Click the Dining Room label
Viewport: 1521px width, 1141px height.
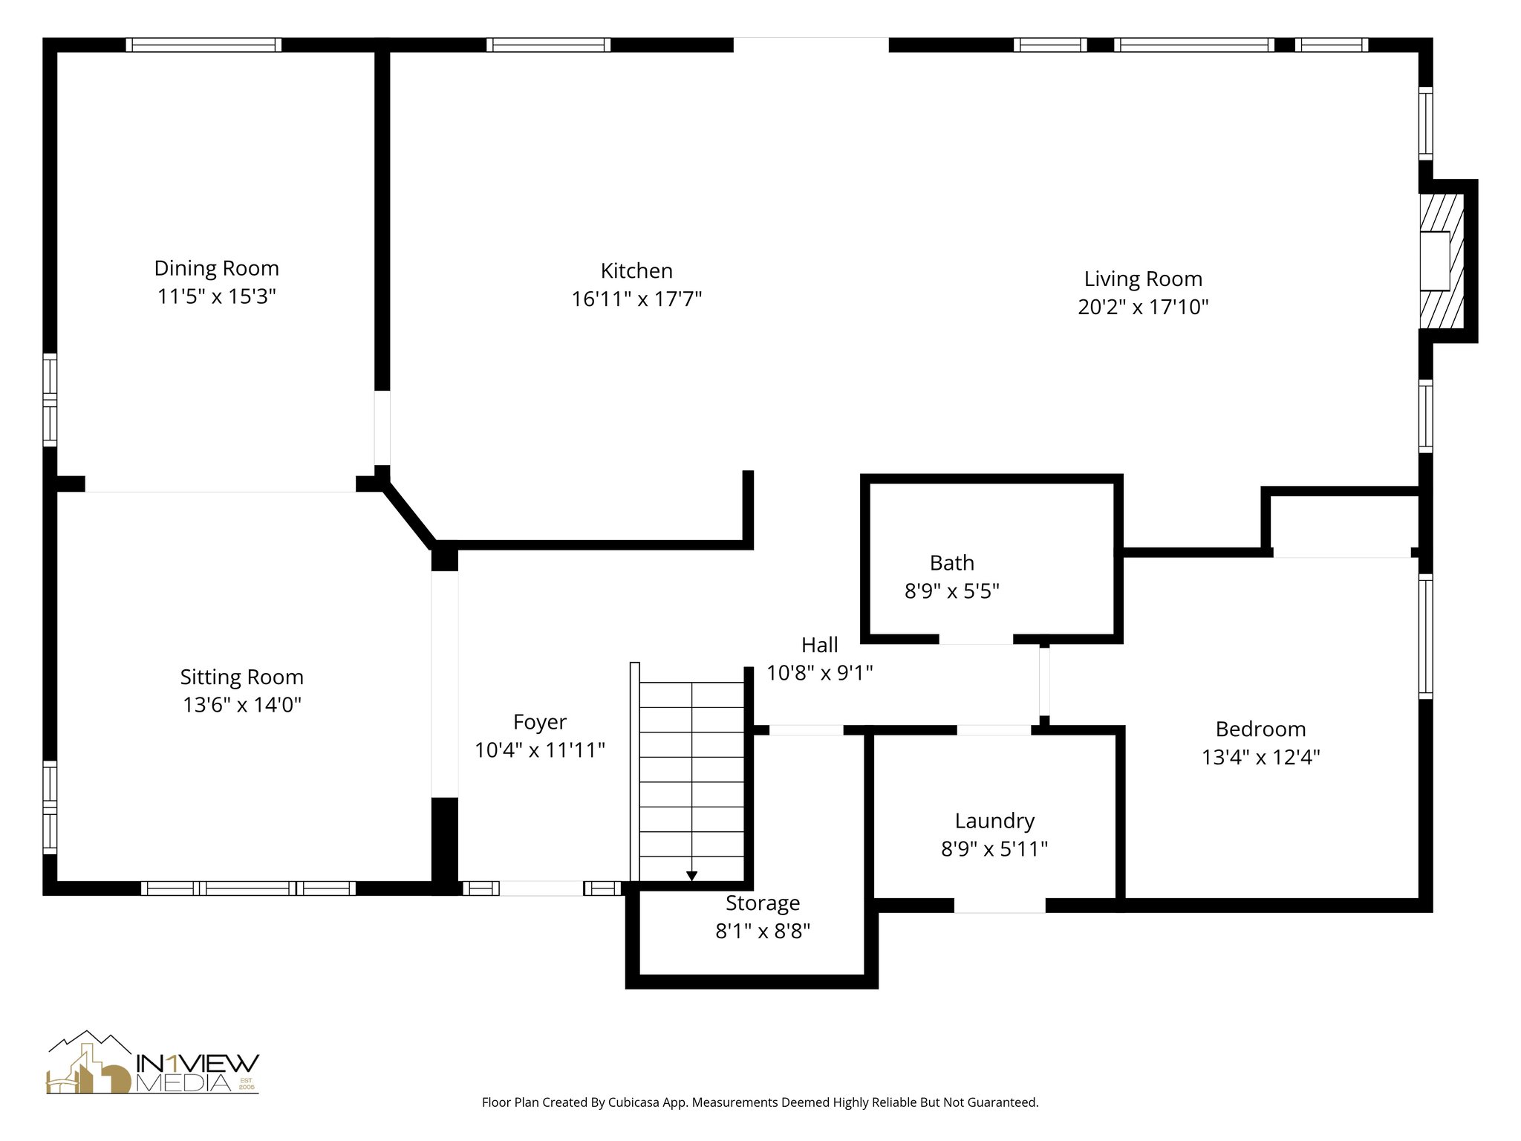coord(216,268)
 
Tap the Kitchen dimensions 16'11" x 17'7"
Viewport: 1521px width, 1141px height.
coord(636,299)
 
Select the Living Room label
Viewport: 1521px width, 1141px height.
coord(1143,279)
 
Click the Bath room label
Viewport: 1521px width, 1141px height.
coord(951,563)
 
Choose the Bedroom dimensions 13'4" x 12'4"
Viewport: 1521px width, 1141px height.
coord(1260,758)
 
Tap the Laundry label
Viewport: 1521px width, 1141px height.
coord(994,821)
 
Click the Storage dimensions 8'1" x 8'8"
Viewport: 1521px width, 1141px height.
coord(762,932)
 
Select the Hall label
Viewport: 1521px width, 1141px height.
coord(819,645)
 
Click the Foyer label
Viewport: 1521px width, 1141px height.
coord(539,722)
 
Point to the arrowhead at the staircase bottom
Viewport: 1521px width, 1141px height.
coord(691,877)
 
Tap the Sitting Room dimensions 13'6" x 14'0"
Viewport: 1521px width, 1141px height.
coord(241,705)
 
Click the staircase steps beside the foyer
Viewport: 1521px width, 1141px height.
coord(691,780)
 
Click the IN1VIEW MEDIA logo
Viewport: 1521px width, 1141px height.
coord(153,1063)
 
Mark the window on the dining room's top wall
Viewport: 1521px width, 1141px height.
coord(203,45)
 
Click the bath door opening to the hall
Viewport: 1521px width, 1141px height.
coord(976,640)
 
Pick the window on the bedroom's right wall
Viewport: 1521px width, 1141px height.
coord(1425,636)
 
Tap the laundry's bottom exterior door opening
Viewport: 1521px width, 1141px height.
coord(1000,906)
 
